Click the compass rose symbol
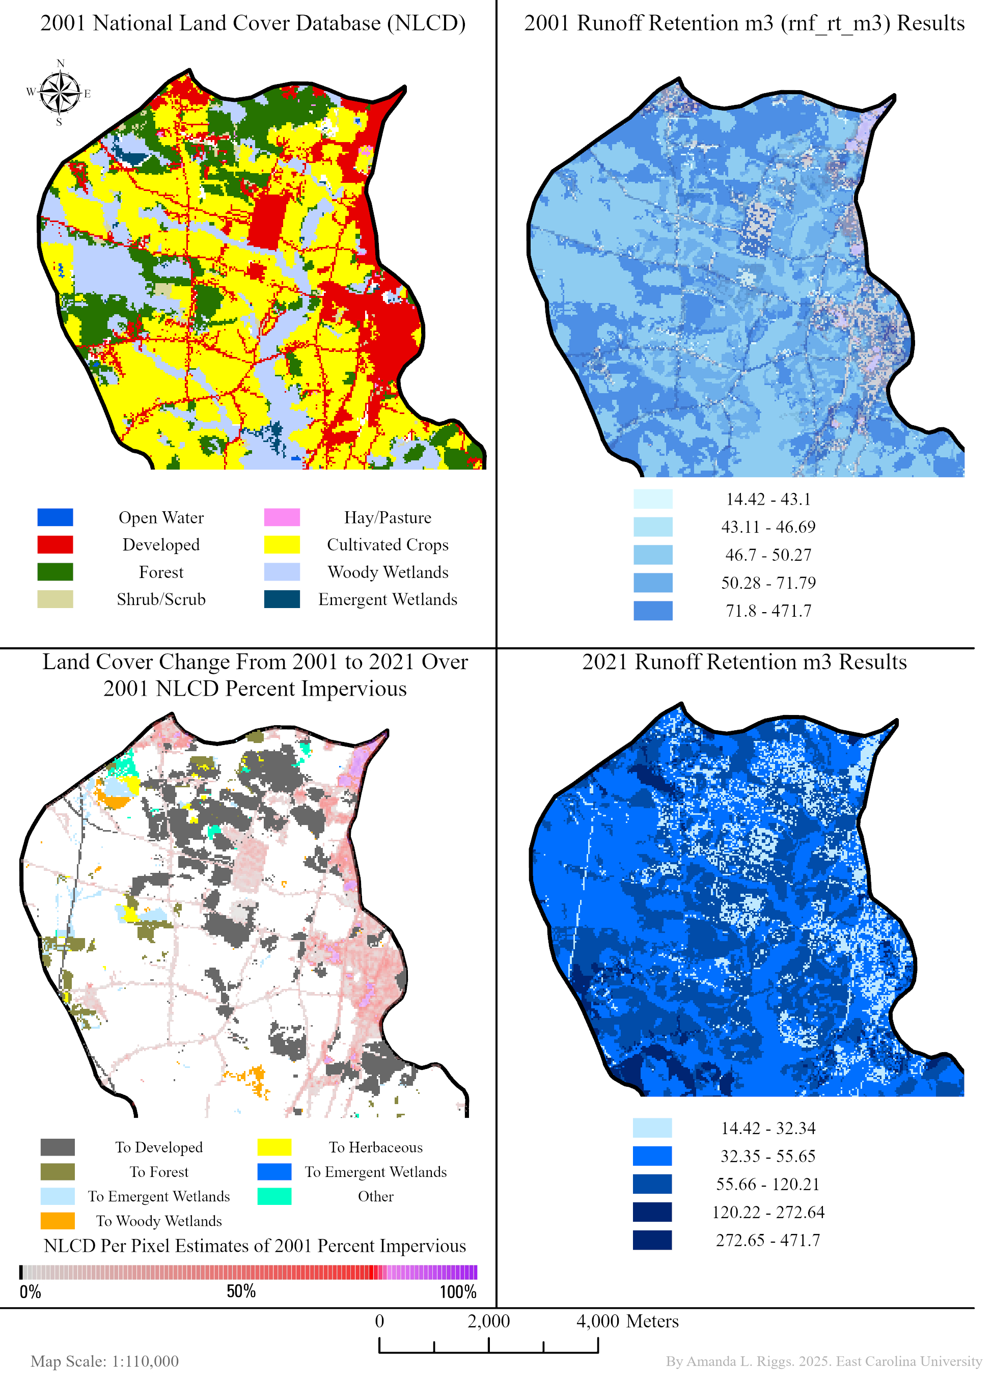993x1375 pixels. (x=60, y=93)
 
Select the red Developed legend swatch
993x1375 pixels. (x=55, y=544)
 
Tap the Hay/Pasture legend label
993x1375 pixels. (x=388, y=518)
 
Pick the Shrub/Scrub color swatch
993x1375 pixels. (x=55, y=599)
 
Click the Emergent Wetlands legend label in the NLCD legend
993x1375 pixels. (x=388, y=599)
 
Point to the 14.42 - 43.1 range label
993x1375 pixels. (x=767, y=499)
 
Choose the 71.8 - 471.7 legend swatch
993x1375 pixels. (x=652, y=611)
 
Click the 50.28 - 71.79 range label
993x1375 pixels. (x=767, y=583)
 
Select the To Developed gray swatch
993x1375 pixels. (x=58, y=1147)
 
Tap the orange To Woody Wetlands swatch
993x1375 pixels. (x=58, y=1220)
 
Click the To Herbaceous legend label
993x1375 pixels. (x=375, y=1147)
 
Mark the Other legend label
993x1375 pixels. (x=375, y=1196)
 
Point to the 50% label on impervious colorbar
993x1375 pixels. (x=241, y=1291)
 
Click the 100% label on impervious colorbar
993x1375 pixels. (x=458, y=1291)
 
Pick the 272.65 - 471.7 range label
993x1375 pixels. (x=767, y=1240)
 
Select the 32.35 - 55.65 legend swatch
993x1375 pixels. (x=652, y=1156)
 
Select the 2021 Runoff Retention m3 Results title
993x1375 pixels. (x=744, y=662)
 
